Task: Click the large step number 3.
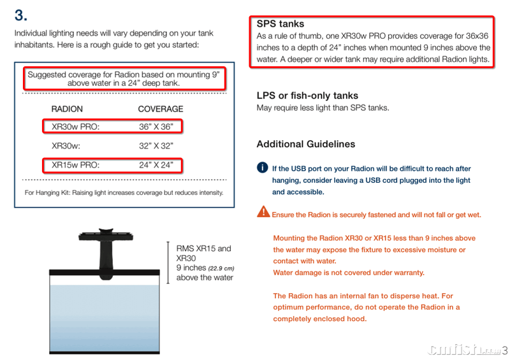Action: point(21,15)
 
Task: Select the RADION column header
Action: point(67,109)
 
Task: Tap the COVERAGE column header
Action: point(161,109)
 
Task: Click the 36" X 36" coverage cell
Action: point(156,127)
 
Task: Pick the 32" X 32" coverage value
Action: point(156,146)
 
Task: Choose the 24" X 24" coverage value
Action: point(156,165)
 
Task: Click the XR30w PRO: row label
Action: point(76,127)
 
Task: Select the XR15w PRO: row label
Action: point(76,165)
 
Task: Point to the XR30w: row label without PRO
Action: point(66,146)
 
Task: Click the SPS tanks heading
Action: point(280,24)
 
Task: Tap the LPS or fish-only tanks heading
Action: point(307,96)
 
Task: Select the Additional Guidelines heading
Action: point(306,144)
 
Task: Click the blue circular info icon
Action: point(263,168)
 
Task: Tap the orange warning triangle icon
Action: point(263,212)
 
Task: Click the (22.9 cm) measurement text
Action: point(221,269)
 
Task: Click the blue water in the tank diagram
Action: point(105,318)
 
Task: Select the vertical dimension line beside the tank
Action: point(168,263)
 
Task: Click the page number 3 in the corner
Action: point(504,350)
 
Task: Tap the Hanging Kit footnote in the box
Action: point(124,193)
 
